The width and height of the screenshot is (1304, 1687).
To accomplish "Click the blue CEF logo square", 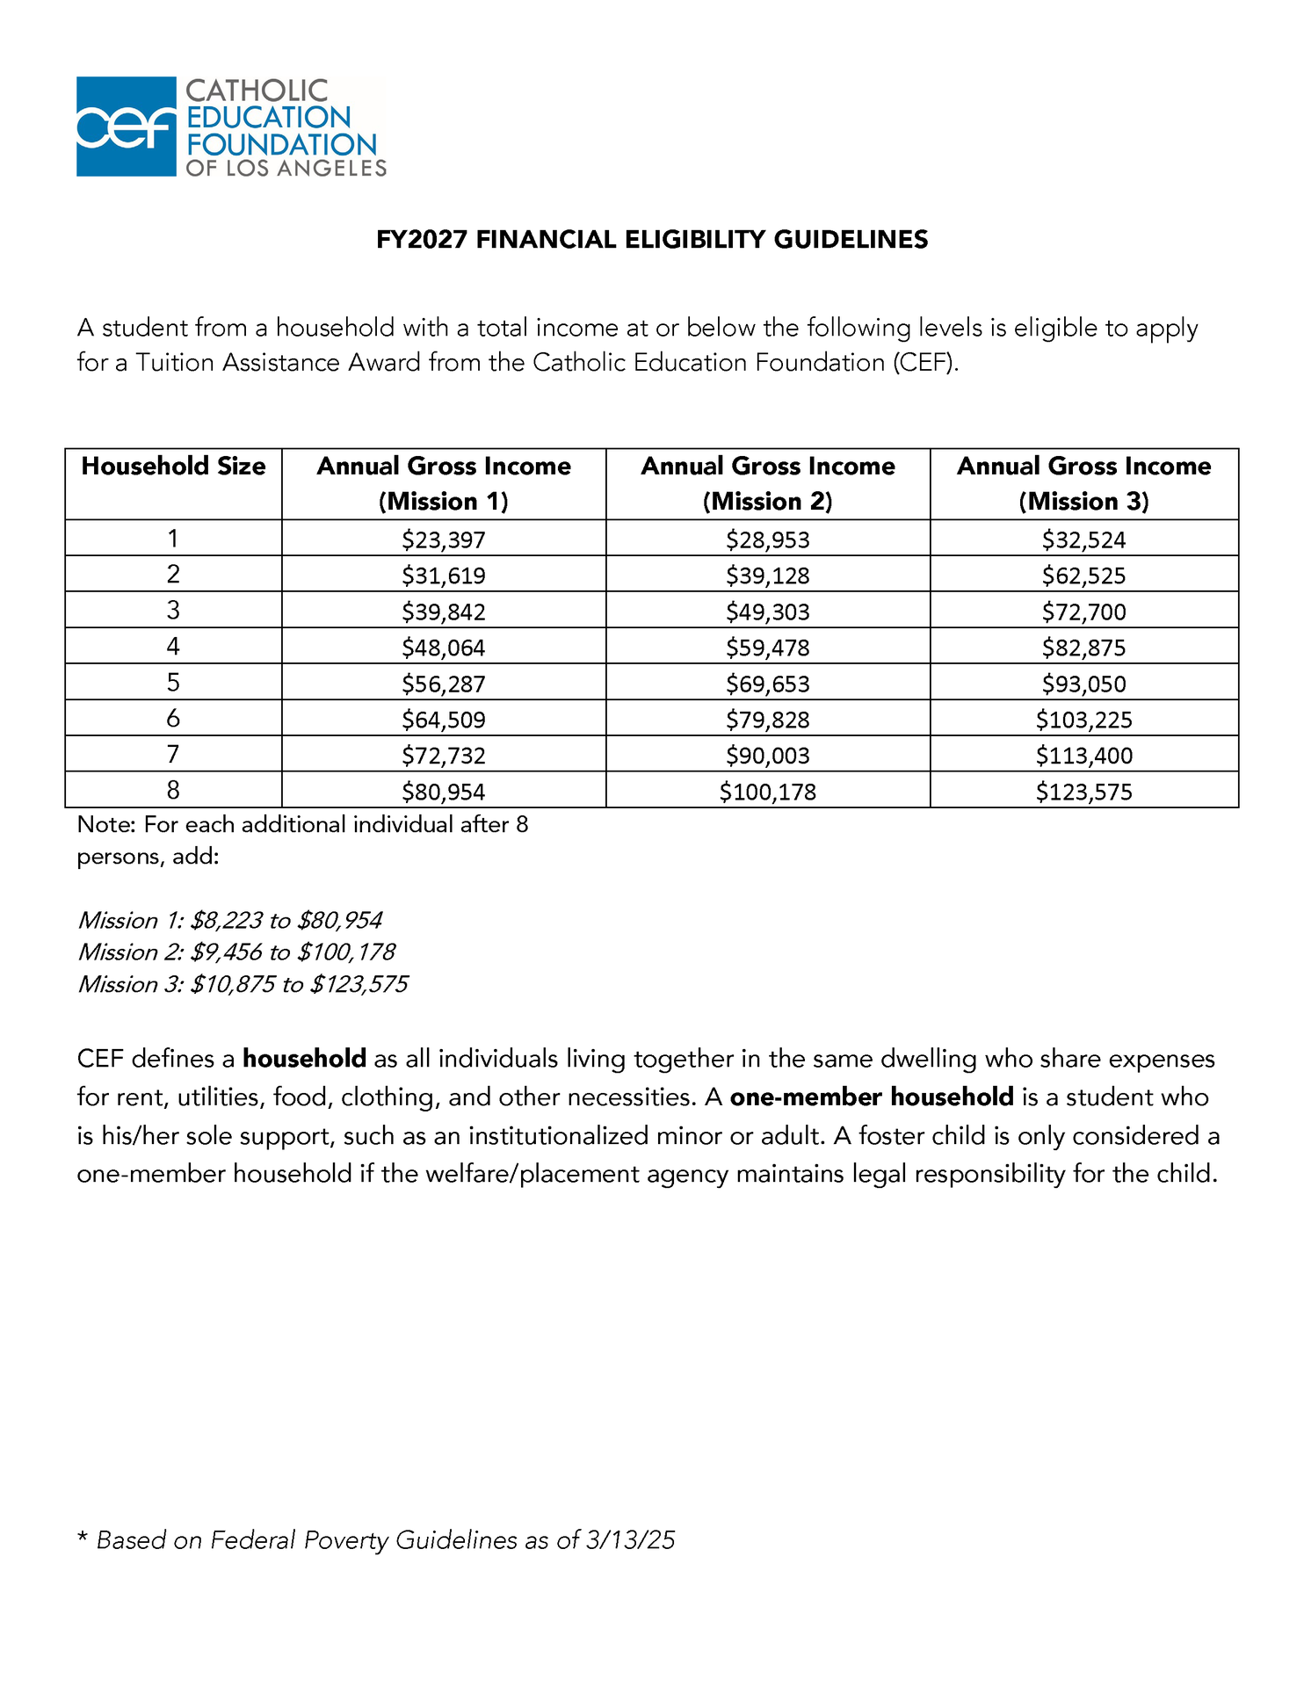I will pyautogui.click(x=126, y=127).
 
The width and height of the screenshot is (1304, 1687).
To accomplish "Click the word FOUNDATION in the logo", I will pyautogui.click(x=281, y=144).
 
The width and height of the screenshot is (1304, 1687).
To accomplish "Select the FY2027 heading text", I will pyautogui.click(x=651, y=240).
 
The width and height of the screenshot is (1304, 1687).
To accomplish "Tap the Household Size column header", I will pyautogui.click(x=173, y=467).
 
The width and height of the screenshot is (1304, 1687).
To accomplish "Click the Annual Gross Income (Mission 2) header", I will pyautogui.click(x=767, y=483).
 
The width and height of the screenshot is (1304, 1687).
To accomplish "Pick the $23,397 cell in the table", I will pyautogui.click(x=444, y=539).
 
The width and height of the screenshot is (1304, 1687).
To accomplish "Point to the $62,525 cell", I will pyautogui.click(x=1083, y=576).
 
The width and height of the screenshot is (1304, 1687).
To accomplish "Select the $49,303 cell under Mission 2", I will pyautogui.click(x=767, y=612).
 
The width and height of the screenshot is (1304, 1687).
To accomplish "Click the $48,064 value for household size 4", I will pyautogui.click(x=444, y=648).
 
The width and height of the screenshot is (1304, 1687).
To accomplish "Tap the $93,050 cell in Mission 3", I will pyautogui.click(x=1083, y=684).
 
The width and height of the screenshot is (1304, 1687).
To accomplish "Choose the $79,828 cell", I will pyautogui.click(x=767, y=720).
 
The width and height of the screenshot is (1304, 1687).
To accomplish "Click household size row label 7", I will pyautogui.click(x=173, y=754).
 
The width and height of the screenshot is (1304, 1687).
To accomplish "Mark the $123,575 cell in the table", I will pyautogui.click(x=1083, y=792).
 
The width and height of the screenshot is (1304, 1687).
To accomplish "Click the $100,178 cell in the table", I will pyautogui.click(x=767, y=792).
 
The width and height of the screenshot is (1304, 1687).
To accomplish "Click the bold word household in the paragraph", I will pyautogui.click(x=304, y=1059).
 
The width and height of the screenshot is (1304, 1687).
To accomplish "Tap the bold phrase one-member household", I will pyautogui.click(x=872, y=1097).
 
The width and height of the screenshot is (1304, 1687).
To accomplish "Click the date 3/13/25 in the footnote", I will pyautogui.click(x=630, y=1540).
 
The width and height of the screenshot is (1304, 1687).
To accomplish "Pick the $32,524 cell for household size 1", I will pyautogui.click(x=1083, y=539).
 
